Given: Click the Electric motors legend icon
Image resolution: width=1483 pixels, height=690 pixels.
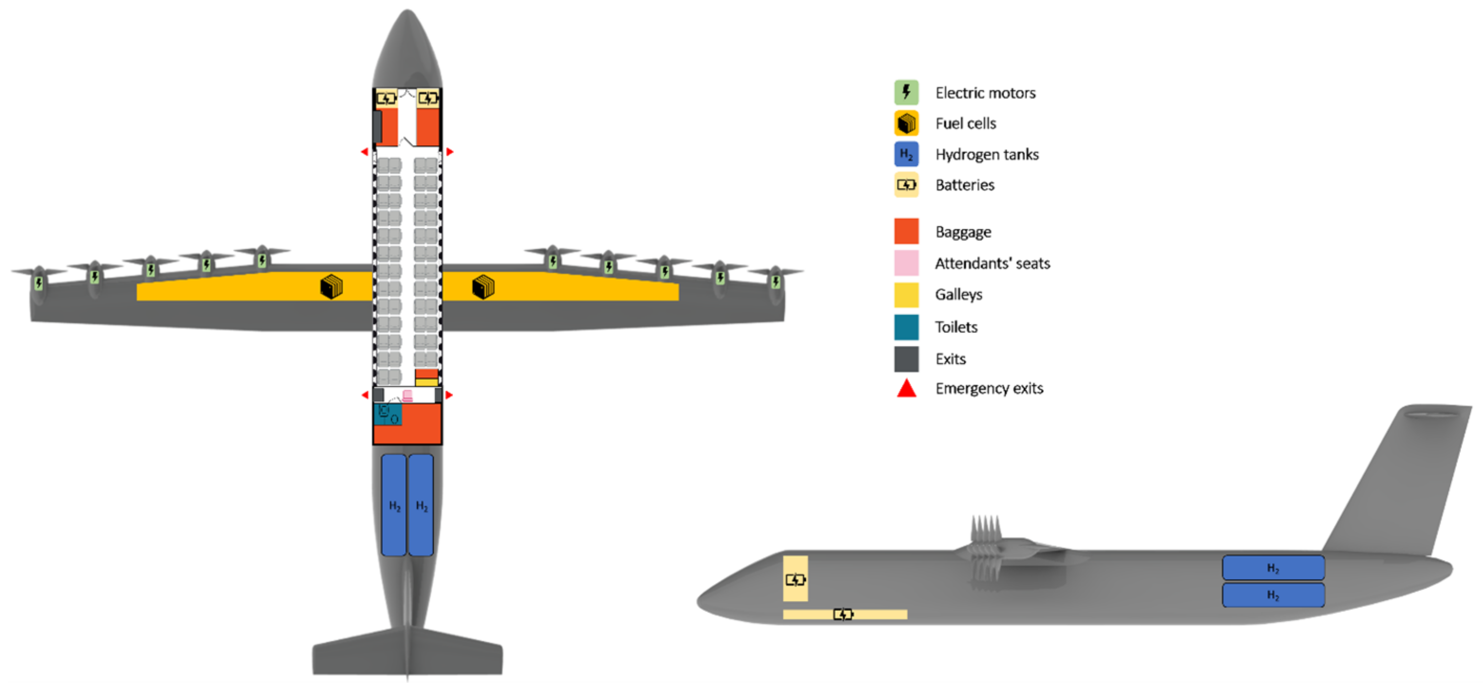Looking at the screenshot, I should (906, 92).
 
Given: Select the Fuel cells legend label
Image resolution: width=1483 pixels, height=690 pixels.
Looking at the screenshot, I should (966, 123).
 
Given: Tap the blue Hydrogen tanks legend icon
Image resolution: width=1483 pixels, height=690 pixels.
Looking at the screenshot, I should (906, 154).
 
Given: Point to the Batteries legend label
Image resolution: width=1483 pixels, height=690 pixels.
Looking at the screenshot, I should (965, 185).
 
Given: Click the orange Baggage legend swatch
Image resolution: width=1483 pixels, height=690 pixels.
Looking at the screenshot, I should (906, 232).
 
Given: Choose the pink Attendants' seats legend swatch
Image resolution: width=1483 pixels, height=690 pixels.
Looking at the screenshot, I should (906, 263).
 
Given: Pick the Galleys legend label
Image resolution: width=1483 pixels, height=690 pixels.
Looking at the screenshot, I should (959, 294).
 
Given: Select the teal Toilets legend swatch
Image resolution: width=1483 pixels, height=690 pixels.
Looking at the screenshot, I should (906, 327).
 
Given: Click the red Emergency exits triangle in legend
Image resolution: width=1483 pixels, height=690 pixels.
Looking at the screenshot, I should (906, 388).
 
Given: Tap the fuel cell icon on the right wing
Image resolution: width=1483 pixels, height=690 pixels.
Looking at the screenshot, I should (483, 287).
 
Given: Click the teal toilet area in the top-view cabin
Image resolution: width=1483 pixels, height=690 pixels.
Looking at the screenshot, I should (387, 414).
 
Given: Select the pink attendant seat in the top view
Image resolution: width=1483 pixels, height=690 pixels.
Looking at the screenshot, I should (408, 396).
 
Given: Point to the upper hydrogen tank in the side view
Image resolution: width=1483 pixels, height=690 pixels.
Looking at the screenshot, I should (1273, 567).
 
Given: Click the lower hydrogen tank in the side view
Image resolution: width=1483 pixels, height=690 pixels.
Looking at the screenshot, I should (1273, 595).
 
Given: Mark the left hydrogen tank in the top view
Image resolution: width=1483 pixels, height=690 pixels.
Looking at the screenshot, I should (394, 505).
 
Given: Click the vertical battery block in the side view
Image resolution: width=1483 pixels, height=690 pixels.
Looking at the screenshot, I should (795, 578).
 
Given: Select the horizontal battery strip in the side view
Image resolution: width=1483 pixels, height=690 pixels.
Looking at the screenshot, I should (845, 615).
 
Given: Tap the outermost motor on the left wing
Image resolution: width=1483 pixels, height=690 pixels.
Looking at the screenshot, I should (39, 282).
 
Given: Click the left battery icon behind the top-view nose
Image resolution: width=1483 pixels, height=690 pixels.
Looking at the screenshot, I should (386, 98).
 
